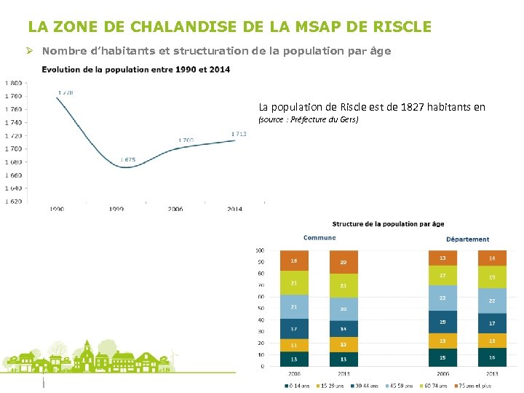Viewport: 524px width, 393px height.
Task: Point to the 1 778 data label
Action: tap(65, 93)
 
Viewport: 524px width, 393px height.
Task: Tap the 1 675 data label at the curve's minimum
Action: tap(128, 159)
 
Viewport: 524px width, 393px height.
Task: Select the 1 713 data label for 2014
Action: tap(239, 134)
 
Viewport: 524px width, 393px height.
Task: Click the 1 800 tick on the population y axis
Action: tap(13, 83)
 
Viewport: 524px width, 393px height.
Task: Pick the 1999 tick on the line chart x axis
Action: tap(116, 209)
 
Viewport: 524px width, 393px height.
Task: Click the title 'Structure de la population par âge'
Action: tap(388, 224)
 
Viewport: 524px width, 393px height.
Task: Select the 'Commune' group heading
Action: tap(319, 238)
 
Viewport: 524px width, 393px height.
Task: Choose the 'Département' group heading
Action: tap(467, 239)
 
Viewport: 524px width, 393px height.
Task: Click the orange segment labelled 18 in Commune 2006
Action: tap(294, 261)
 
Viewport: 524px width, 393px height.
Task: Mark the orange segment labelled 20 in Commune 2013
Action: tap(344, 262)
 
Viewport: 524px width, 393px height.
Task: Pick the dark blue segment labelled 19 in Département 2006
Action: tap(442, 322)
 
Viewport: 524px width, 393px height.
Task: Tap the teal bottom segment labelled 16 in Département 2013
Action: tap(492, 357)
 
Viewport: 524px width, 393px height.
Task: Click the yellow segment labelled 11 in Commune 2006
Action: tap(294, 345)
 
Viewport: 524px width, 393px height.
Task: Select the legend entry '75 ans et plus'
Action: tap(475, 385)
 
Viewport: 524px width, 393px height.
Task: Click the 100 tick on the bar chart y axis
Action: tap(260, 250)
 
